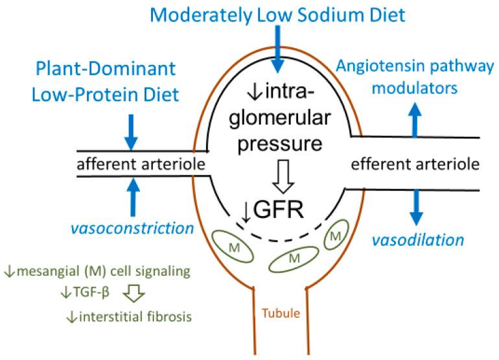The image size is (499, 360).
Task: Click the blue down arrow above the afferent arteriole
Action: pyautogui.click(x=132, y=132)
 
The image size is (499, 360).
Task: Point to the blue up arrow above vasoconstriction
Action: pyautogui.click(x=132, y=197)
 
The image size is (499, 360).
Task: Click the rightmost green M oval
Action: pyautogui.click(x=335, y=238)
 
